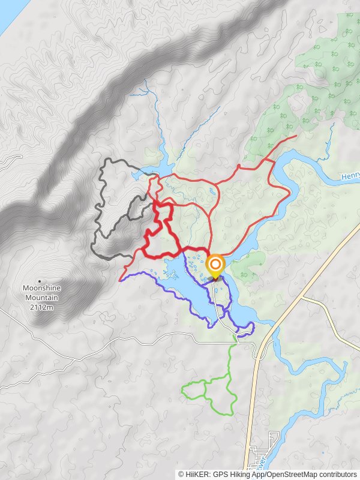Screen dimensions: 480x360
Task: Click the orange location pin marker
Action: tap(215, 265)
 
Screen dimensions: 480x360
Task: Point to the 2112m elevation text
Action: tap(41, 308)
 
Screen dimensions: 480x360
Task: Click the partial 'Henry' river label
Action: tap(350, 178)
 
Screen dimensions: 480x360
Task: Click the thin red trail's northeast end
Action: tap(296, 137)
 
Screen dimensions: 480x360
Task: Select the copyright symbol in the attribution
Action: tap(181, 474)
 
